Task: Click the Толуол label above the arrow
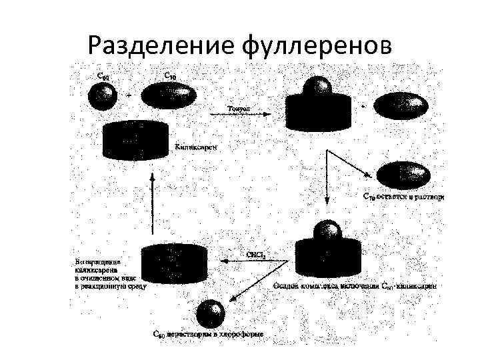pos(239,107)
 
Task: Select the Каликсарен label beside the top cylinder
pos(195,145)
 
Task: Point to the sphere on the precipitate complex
pos(325,231)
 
